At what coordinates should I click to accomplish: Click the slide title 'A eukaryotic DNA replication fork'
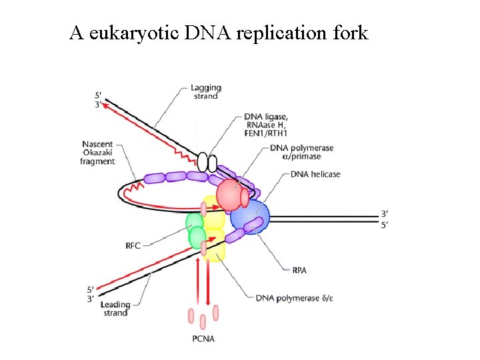[x=219, y=33]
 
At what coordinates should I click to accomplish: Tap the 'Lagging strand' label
[x=205, y=92]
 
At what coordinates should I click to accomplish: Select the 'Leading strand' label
[x=115, y=309]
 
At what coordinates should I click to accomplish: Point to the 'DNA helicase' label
[x=315, y=175]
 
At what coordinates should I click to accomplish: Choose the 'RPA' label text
[x=299, y=271]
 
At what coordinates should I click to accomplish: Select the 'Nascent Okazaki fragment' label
[x=98, y=153]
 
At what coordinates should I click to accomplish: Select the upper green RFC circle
[x=194, y=222]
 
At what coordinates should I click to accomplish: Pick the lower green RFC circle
[x=198, y=237]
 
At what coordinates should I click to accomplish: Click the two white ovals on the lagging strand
[x=207, y=162]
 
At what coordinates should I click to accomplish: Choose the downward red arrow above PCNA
[x=209, y=280]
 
